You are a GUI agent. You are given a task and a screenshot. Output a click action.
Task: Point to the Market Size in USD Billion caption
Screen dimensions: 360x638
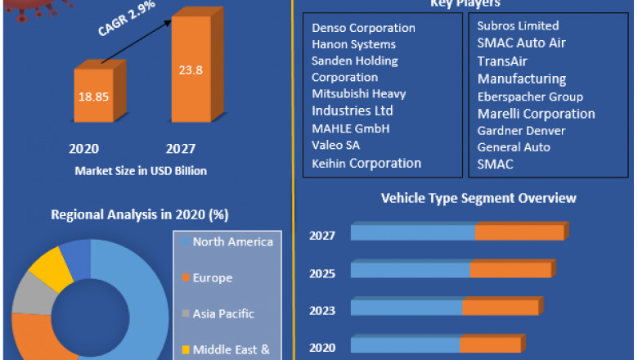click(x=141, y=171)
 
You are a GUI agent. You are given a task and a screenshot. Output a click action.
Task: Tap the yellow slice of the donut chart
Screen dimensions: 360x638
click(x=48, y=268)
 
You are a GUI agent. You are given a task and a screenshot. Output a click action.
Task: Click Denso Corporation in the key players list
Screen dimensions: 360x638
click(x=363, y=28)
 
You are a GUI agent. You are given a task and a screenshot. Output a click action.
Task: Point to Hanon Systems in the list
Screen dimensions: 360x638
click(x=353, y=44)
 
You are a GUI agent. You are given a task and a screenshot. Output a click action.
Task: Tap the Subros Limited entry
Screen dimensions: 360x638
click(x=518, y=26)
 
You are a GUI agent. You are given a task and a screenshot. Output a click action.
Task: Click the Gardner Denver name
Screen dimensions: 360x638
click(x=521, y=131)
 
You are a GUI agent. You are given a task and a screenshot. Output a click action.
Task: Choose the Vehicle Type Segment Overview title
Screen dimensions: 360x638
click(x=478, y=198)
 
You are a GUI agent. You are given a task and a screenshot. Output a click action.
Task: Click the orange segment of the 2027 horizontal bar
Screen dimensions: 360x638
click(x=519, y=233)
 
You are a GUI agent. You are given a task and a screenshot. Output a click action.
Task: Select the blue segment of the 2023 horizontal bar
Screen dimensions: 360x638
click(x=407, y=308)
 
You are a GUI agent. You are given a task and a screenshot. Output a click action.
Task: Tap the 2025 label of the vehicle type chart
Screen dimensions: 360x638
click(x=322, y=272)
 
